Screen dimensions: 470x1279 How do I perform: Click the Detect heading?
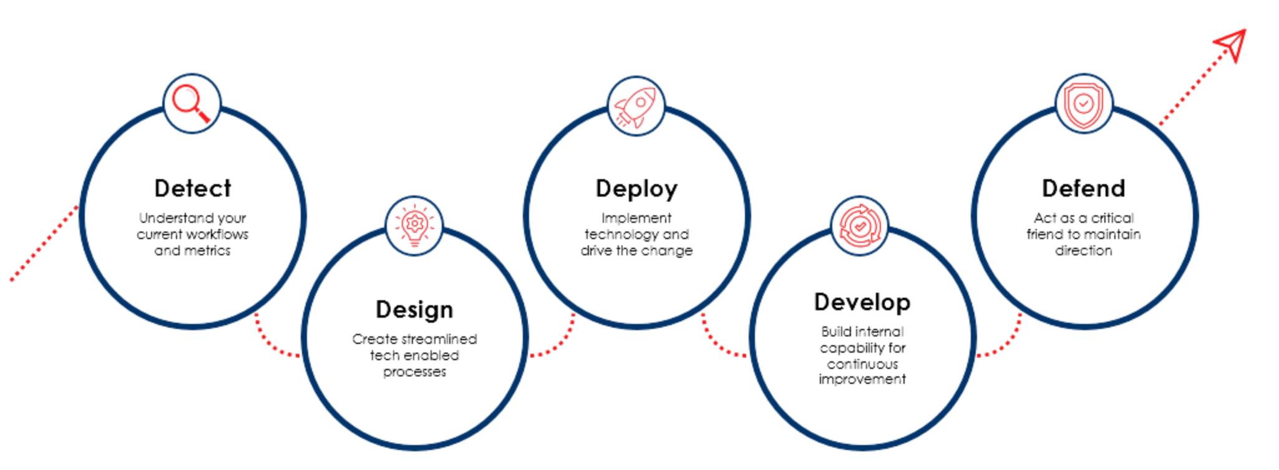pos(193,188)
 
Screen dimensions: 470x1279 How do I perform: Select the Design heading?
pos(414,310)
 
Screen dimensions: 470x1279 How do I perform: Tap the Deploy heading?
pos(636,188)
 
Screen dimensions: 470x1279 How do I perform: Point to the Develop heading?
pos(862,302)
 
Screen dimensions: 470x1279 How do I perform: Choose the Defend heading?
pos(1082,188)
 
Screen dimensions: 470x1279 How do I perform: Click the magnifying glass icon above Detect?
pos(192,103)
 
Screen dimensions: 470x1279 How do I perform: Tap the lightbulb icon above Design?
pos(414,225)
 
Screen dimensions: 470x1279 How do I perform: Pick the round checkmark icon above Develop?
pos(860,226)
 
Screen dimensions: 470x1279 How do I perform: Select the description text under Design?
pos(414,356)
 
